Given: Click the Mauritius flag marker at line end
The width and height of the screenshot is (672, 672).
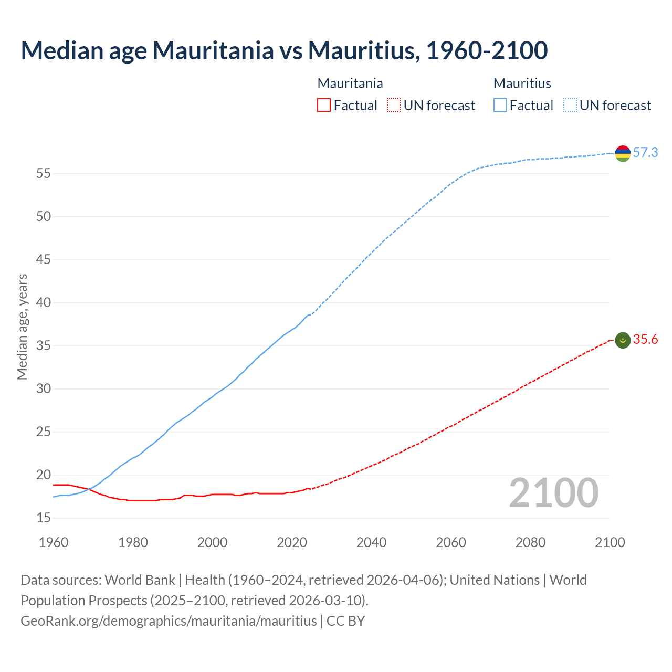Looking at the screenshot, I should [623, 153].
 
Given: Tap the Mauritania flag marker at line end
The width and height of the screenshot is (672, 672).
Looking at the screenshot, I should [623, 340].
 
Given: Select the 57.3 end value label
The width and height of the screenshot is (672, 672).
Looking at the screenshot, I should [645, 153].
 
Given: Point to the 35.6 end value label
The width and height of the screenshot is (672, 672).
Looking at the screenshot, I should [645, 340].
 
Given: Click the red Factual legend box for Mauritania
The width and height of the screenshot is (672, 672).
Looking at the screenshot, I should [324, 106].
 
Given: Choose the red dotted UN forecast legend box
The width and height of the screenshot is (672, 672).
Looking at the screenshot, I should [394, 106].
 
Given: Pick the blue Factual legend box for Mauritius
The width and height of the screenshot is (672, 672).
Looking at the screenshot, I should [500, 106].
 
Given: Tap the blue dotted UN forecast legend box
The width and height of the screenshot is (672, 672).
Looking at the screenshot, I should [570, 106].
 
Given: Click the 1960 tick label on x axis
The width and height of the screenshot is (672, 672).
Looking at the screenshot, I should [54, 542].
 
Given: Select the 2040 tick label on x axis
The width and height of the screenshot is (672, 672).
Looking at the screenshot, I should [371, 542].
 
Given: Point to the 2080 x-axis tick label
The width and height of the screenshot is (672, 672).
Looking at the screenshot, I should [530, 542].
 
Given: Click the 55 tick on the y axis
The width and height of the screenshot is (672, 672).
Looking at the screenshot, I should [44, 174].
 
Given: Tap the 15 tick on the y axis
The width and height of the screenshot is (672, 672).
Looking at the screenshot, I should [44, 518].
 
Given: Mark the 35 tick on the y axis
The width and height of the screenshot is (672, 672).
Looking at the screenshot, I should [44, 346].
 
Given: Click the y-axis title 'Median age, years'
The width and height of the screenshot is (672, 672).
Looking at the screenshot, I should [22, 327].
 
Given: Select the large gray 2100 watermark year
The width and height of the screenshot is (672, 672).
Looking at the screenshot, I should [553, 493].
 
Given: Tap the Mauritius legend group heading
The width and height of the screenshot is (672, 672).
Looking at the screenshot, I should [522, 83].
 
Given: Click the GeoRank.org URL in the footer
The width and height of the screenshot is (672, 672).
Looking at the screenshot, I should [169, 621].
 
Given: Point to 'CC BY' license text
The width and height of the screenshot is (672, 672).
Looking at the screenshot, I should [345, 621].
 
